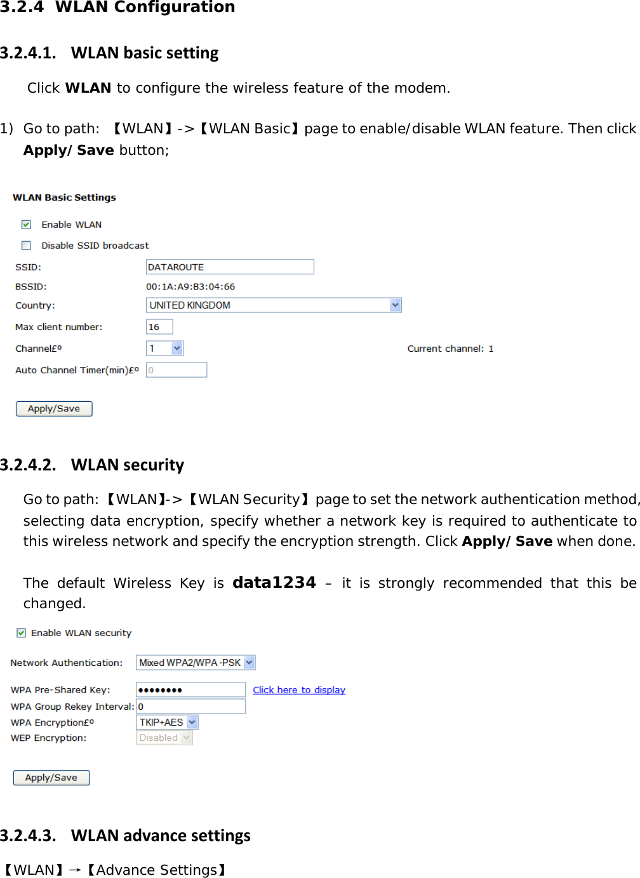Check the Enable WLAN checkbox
coord(26,225)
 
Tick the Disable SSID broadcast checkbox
coord(26,246)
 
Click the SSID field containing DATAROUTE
coord(230,267)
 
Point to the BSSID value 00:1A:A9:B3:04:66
coord(190,287)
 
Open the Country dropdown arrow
coord(396,305)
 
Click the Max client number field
coord(159,327)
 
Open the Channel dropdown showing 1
coord(177,349)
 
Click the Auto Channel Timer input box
coord(177,370)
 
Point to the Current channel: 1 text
coord(450,349)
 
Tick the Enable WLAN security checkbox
coord(22,633)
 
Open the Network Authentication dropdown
coord(250,663)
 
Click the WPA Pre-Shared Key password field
coord(190,690)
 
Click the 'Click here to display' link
coord(299,690)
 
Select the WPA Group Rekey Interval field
coord(190,707)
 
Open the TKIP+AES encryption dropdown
coord(192,722)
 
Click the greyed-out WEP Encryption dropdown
coord(164,738)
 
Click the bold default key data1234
coord(274,583)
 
